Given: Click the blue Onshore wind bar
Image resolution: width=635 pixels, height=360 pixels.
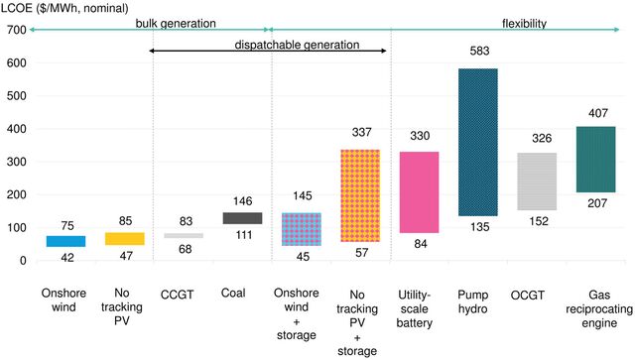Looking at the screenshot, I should (x=65, y=241).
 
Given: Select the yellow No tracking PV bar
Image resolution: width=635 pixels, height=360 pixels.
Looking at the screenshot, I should (x=124, y=238).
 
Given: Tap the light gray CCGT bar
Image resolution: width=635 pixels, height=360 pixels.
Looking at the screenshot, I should (x=183, y=235).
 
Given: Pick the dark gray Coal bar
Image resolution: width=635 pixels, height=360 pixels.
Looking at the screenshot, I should (x=241, y=218).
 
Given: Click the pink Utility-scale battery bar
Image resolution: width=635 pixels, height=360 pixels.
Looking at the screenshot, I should (x=419, y=192).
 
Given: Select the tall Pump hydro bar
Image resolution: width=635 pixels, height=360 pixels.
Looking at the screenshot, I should (x=477, y=142).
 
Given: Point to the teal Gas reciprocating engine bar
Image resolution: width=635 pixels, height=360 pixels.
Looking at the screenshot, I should (x=595, y=159).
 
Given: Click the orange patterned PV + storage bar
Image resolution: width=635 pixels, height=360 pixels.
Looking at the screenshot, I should (x=359, y=195).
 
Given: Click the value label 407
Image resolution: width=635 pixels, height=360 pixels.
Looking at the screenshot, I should (x=595, y=113).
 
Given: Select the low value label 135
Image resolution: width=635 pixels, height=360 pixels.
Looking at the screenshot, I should (x=477, y=227).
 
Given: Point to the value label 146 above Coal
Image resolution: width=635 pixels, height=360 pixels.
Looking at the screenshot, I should (x=241, y=199).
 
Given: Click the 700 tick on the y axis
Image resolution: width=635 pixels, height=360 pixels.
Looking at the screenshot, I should (x=14, y=30).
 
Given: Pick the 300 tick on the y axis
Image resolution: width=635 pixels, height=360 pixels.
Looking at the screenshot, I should (x=14, y=162).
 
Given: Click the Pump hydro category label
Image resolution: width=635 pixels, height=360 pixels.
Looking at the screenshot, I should (x=477, y=300).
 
